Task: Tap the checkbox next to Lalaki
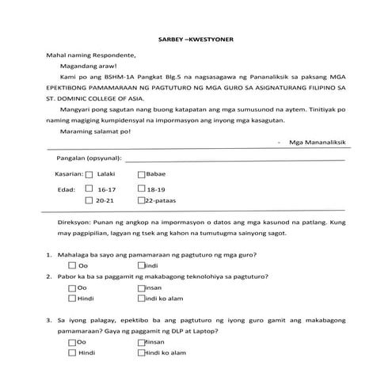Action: click(x=89, y=173)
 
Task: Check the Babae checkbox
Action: click(x=142, y=173)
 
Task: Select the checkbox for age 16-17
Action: click(x=89, y=190)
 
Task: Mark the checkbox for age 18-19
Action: click(x=142, y=190)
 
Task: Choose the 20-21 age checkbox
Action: click(x=89, y=203)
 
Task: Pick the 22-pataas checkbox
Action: click(x=142, y=203)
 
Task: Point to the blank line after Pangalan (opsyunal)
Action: click(x=238, y=160)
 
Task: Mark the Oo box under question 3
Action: click(x=73, y=343)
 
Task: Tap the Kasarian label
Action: click(x=68, y=173)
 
